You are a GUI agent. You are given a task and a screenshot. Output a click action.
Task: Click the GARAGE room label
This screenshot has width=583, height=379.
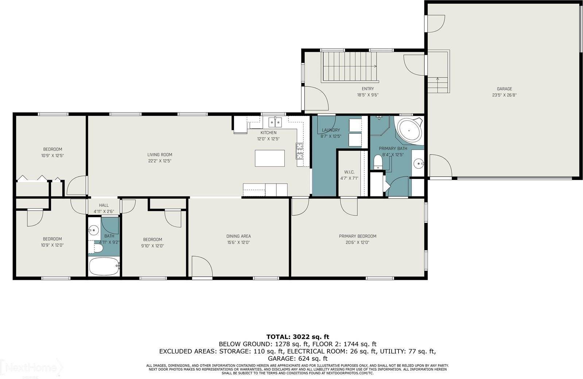504,89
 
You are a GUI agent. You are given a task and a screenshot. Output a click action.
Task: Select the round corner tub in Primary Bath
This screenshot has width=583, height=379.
409,129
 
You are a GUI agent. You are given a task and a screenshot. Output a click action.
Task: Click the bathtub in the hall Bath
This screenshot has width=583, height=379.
104,267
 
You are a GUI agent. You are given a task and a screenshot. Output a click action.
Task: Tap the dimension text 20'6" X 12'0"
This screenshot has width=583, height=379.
357,242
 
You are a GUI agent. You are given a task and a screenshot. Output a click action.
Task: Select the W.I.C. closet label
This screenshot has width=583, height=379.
349,172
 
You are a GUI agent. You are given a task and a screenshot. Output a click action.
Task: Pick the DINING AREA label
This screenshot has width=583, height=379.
238,236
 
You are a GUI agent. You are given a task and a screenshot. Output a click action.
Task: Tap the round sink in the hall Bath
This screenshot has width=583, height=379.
94,230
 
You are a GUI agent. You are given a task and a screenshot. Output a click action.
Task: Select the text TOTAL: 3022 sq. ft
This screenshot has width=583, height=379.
298,337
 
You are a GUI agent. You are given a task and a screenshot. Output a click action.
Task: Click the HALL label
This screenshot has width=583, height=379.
104,205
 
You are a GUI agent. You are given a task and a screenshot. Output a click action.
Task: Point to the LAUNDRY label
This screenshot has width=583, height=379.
331,130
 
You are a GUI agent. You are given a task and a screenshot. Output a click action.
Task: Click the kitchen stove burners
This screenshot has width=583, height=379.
300,151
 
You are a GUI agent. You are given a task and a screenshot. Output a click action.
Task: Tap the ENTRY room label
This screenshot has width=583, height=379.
368,89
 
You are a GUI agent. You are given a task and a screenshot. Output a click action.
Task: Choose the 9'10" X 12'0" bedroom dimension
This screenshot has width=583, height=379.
152,246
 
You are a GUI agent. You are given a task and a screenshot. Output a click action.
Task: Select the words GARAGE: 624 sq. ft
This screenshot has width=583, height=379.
298,359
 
